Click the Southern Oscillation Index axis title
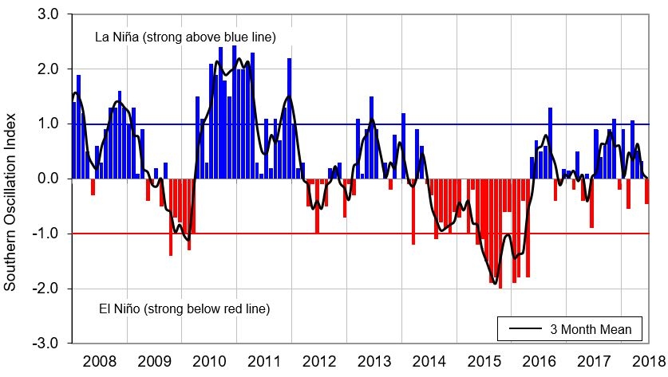11,179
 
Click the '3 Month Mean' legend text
590,328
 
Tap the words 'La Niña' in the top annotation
116,37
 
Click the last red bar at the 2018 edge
646,191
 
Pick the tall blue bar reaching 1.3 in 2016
550,143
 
